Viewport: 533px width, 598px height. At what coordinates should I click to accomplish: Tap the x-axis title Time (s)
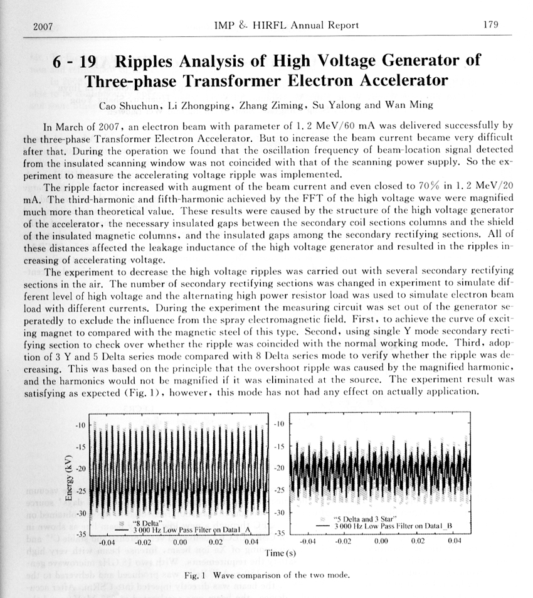point(277,553)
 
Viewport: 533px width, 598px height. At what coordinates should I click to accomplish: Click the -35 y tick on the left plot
point(80,535)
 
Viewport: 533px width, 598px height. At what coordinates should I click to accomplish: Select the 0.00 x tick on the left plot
point(181,541)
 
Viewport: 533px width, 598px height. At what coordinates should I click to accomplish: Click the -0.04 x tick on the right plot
point(308,541)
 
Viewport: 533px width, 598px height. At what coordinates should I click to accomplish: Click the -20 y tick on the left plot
point(80,469)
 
